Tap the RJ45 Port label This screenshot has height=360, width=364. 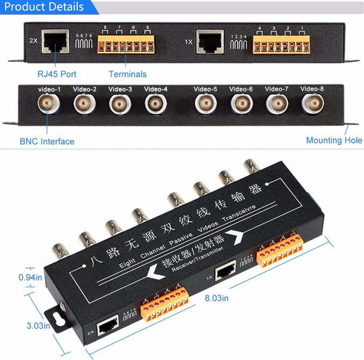pos(56,73)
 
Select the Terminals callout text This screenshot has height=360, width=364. pos(127,73)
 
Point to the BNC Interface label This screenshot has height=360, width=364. pos(47,141)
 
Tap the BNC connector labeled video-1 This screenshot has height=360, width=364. pos(50,104)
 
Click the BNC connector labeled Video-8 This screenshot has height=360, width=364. pos(313,104)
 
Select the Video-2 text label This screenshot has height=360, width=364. pos(84,89)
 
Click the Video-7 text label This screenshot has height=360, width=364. pos(277,89)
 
